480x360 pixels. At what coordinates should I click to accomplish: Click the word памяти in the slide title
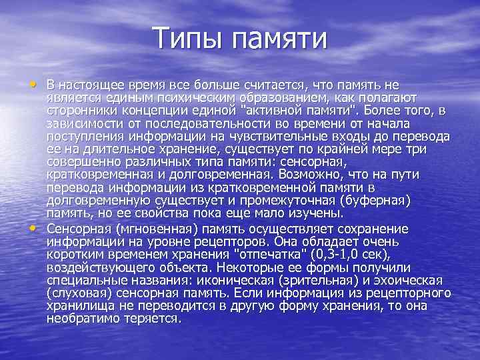(x=279, y=39)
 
